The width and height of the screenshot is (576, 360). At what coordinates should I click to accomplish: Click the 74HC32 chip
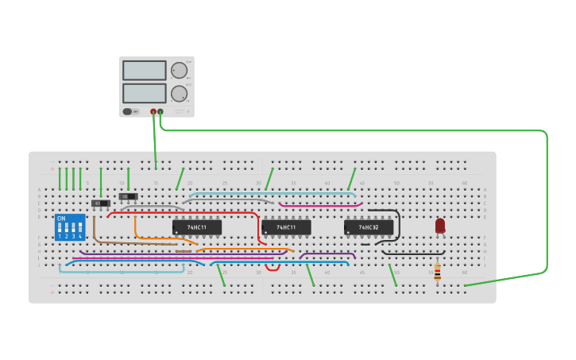(368, 227)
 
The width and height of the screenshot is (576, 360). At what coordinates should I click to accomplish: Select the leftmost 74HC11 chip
(196, 227)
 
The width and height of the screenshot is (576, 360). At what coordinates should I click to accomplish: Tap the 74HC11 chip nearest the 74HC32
(286, 227)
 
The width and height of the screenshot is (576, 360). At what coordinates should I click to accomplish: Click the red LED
(440, 226)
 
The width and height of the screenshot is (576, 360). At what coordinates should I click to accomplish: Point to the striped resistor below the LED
(437, 271)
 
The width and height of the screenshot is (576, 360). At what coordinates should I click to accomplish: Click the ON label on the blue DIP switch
(61, 219)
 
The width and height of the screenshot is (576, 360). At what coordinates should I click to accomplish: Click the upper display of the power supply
(145, 70)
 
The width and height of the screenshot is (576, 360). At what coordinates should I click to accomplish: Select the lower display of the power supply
(145, 93)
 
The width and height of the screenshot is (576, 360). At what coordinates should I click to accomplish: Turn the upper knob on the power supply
(180, 70)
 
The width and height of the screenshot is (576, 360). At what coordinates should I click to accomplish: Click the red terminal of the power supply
(153, 112)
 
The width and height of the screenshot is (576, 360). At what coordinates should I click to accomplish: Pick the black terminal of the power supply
(160, 112)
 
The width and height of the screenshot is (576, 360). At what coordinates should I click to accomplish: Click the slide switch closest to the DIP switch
(101, 203)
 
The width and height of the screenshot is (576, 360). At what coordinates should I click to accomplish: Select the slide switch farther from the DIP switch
(128, 196)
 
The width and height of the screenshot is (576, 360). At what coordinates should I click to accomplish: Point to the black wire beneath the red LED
(413, 254)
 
